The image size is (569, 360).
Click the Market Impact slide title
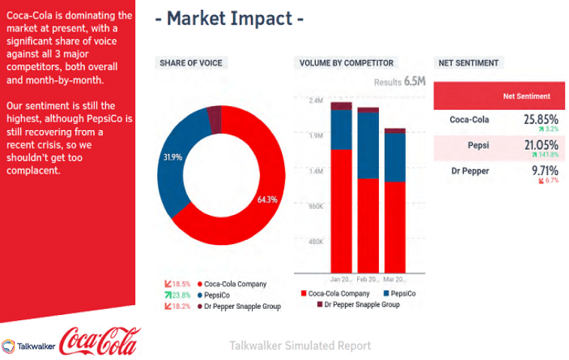coord(229,18)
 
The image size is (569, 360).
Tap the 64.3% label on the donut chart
coord(267,199)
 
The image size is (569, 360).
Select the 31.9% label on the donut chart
coord(173,158)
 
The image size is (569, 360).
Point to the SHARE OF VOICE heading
coord(190,63)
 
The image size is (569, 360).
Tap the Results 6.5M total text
coord(400,81)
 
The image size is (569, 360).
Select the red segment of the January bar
coord(341,210)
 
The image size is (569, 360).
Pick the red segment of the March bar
coord(395,225)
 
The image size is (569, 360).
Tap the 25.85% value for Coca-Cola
coord(541,119)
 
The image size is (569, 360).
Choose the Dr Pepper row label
coord(469,171)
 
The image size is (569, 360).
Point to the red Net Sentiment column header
coord(526,96)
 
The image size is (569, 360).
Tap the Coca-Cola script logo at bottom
coord(99,341)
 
